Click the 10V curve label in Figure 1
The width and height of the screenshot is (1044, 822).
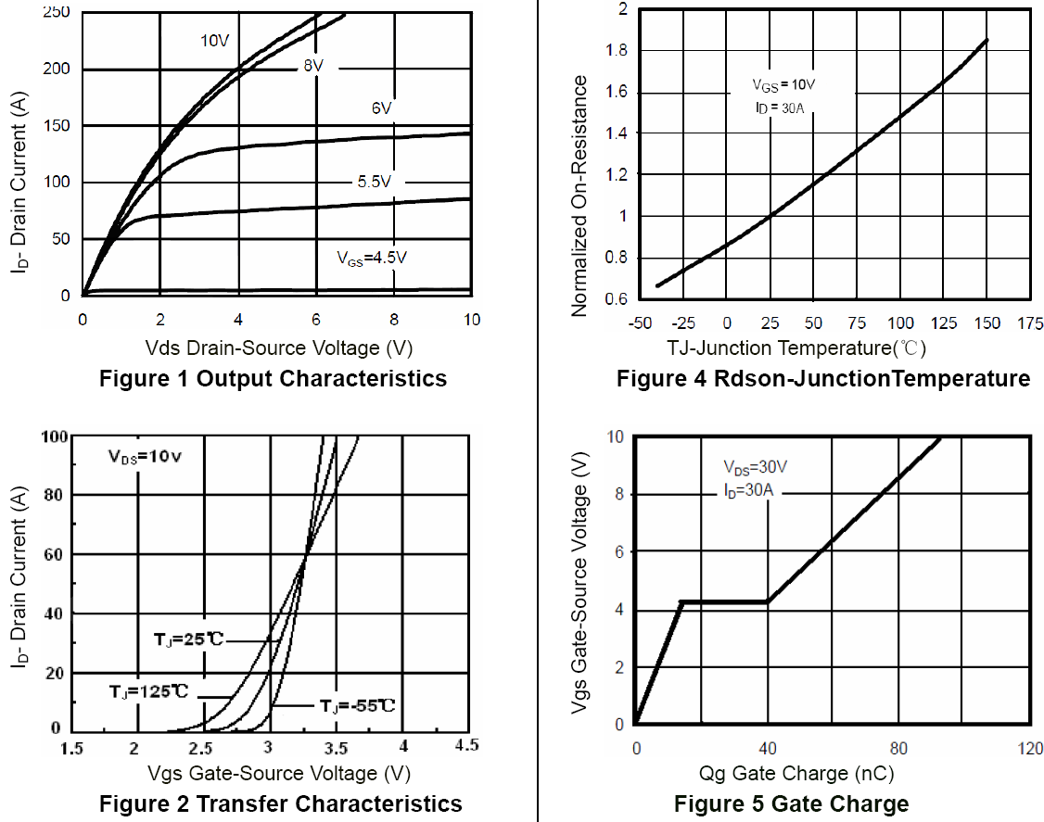(215, 41)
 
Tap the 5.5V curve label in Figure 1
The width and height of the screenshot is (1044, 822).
(375, 183)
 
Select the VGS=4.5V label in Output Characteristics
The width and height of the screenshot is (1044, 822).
(371, 258)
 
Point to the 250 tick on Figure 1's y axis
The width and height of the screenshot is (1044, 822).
(57, 12)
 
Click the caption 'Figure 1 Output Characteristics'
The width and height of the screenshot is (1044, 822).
(273, 378)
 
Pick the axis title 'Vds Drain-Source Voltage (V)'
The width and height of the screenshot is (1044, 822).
(278, 348)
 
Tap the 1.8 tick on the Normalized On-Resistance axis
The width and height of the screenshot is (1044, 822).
(616, 50)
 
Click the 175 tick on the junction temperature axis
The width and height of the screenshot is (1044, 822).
(1029, 323)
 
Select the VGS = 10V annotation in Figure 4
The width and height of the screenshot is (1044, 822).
(783, 85)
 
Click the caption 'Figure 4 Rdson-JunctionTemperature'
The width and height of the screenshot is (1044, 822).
(822, 378)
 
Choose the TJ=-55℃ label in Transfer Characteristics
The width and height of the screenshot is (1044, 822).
(358, 706)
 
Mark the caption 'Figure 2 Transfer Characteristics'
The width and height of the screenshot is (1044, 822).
(280, 803)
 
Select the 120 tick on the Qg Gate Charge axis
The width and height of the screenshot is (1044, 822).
(1029, 748)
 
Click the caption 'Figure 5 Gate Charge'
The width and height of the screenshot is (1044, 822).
(791, 803)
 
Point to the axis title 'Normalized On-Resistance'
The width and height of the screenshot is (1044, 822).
(580, 196)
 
